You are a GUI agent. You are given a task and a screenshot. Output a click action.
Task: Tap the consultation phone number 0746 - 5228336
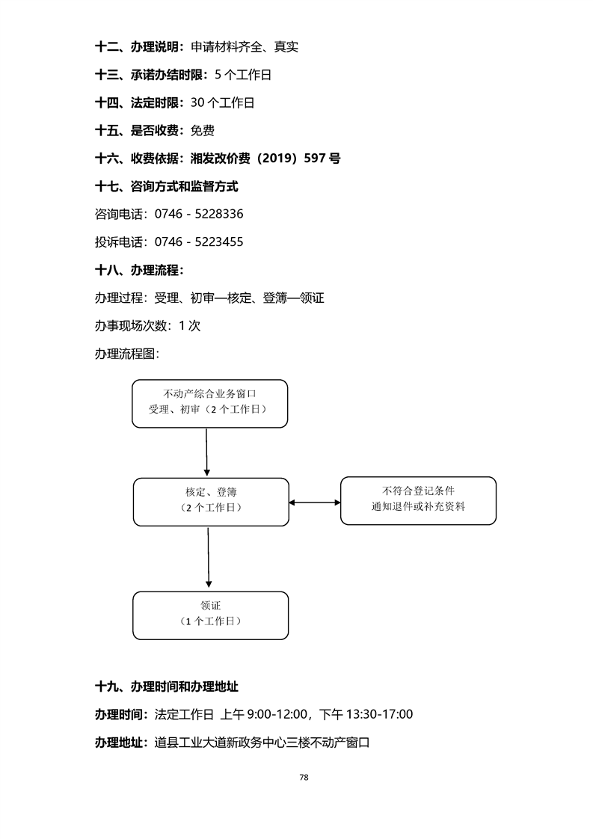199,214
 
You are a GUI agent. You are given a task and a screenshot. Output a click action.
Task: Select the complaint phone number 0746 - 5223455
199,242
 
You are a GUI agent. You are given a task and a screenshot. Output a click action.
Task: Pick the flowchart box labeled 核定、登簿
211,501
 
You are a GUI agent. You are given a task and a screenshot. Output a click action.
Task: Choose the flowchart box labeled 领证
211,615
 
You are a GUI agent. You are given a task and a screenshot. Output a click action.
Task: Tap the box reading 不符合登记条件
418,500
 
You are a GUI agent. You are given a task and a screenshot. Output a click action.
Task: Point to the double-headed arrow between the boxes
315,503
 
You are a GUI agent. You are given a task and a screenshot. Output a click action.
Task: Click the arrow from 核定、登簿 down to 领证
209,557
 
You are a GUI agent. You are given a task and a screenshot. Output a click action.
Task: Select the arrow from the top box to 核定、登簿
206,452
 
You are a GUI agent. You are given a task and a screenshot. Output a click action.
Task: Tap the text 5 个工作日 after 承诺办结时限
242,75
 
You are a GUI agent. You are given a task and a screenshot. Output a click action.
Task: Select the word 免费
203,131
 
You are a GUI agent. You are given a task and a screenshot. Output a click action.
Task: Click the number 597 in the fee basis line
316,159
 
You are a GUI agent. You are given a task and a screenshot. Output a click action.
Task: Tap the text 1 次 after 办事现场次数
190,325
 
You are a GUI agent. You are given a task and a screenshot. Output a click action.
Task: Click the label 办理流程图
126,353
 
